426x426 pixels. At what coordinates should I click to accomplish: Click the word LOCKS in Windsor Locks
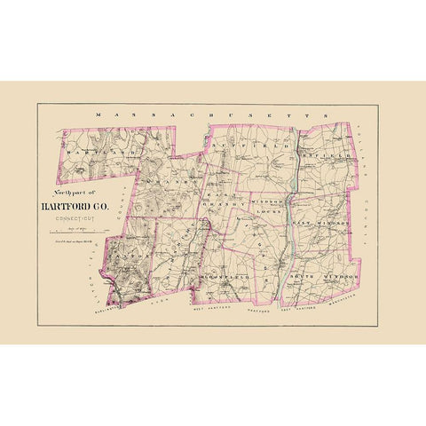[x=267, y=213]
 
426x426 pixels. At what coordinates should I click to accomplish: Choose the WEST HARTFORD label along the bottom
[x=211, y=312]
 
